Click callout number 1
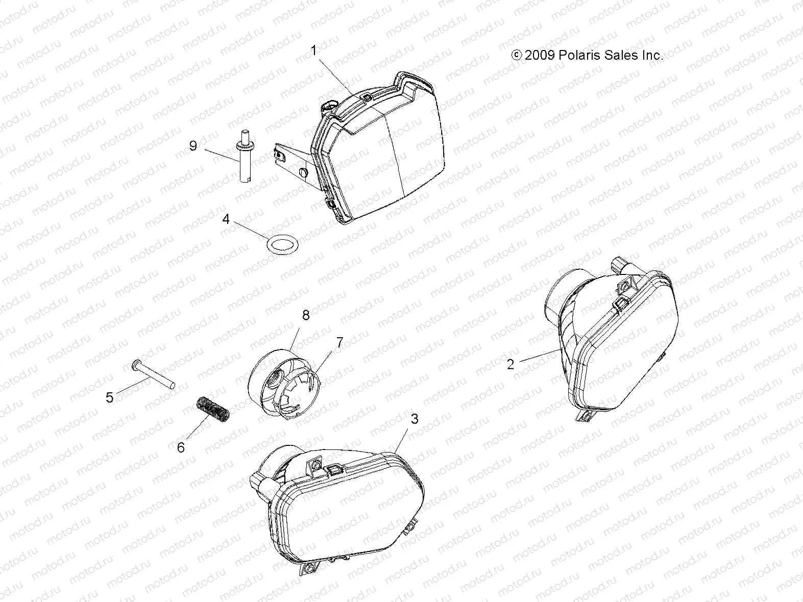point(314,51)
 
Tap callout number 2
point(510,364)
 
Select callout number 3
point(415,419)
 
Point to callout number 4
point(226,220)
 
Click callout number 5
point(110,397)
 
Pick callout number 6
point(181,447)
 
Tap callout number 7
point(339,342)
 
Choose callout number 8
point(305,315)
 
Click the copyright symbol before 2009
point(517,55)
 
